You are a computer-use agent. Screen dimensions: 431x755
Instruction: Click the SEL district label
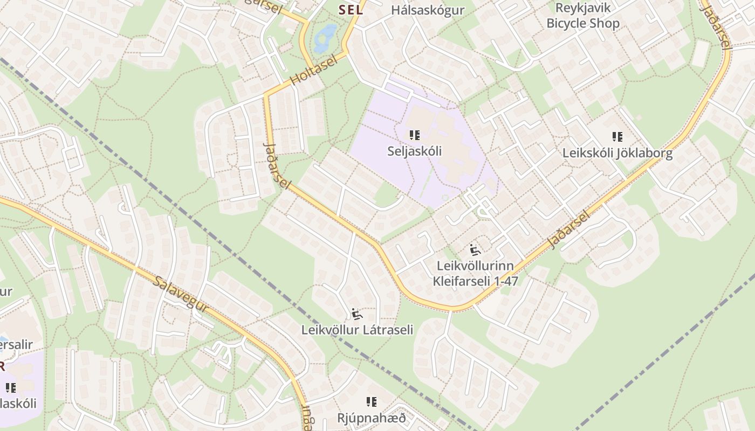click(x=351, y=10)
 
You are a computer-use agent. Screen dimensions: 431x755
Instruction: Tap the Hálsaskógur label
click(x=428, y=10)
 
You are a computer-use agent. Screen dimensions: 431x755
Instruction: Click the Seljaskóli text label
click(x=414, y=151)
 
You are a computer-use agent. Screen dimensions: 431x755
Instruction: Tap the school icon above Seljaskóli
click(x=414, y=135)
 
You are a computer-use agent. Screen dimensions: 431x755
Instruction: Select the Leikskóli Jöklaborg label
click(x=617, y=153)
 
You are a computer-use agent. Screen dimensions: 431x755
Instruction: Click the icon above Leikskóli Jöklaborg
click(x=617, y=137)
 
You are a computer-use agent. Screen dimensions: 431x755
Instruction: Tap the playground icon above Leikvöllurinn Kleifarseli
click(x=475, y=249)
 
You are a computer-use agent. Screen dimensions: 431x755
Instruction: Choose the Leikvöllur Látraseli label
click(x=357, y=330)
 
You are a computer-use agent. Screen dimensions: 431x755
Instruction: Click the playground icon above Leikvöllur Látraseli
click(x=356, y=313)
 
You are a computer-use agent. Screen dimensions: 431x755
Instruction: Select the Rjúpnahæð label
click(x=371, y=418)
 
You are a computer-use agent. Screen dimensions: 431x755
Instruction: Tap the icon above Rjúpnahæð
click(x=371, y=401)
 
